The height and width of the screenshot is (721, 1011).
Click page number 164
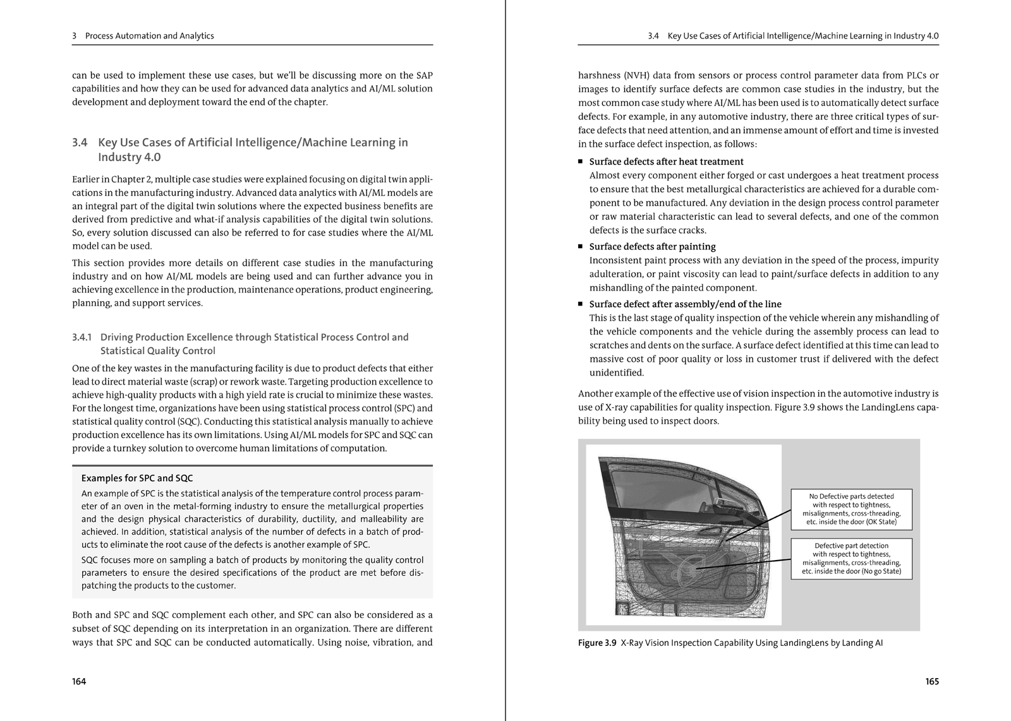[79, 681]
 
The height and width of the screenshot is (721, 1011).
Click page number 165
[932, 681]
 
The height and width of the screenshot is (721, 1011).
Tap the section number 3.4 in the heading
[80, 143]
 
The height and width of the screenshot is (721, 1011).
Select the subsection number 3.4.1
[82, 337]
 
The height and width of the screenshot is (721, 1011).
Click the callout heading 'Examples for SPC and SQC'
[137, 478]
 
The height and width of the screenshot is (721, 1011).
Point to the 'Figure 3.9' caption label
[596, 643]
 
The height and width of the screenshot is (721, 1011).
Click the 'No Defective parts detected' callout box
[851, 509]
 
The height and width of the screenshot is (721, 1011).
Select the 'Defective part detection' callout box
[851, 558]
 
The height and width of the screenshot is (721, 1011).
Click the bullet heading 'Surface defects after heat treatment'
[666, 162]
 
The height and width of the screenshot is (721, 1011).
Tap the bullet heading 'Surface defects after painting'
[652, 246]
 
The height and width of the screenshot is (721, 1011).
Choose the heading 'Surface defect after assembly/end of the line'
[685, 304]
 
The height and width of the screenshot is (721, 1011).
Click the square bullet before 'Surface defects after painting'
[581, 246]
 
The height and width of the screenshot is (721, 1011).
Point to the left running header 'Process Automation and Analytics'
[149, 36]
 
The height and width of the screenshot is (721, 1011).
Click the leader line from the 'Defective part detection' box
[746, 564]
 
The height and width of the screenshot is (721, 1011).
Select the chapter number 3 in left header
[75, 36]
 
